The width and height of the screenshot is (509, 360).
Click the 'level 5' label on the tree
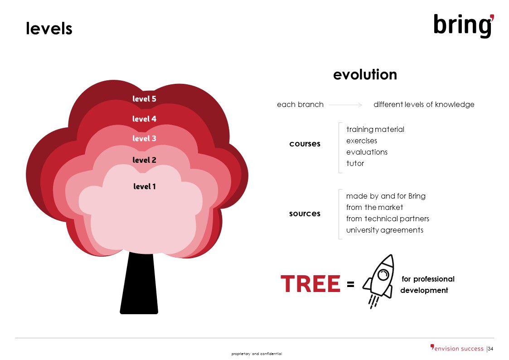144,99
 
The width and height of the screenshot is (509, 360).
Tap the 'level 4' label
144,119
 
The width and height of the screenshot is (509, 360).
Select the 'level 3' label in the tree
144,138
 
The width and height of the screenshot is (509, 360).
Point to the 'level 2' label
144,160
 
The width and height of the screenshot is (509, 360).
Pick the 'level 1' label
145,186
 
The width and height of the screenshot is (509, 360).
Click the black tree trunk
139,283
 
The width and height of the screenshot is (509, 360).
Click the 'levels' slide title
49,28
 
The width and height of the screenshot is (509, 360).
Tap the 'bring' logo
464,26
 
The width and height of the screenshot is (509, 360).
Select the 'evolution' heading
365,75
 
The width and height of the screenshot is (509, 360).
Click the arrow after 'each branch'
345,105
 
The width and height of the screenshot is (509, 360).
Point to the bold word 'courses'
305,144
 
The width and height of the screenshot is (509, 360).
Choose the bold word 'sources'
305,214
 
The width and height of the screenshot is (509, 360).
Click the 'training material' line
375,130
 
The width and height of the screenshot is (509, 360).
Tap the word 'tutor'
355,163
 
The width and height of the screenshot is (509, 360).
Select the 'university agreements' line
385,230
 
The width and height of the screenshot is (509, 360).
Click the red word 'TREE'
310,284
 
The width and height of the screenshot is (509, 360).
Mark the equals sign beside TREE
350,284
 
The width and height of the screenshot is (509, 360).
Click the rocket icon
378,281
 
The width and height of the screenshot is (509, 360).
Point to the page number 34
490,349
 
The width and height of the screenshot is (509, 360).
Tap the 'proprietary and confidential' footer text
257,354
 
